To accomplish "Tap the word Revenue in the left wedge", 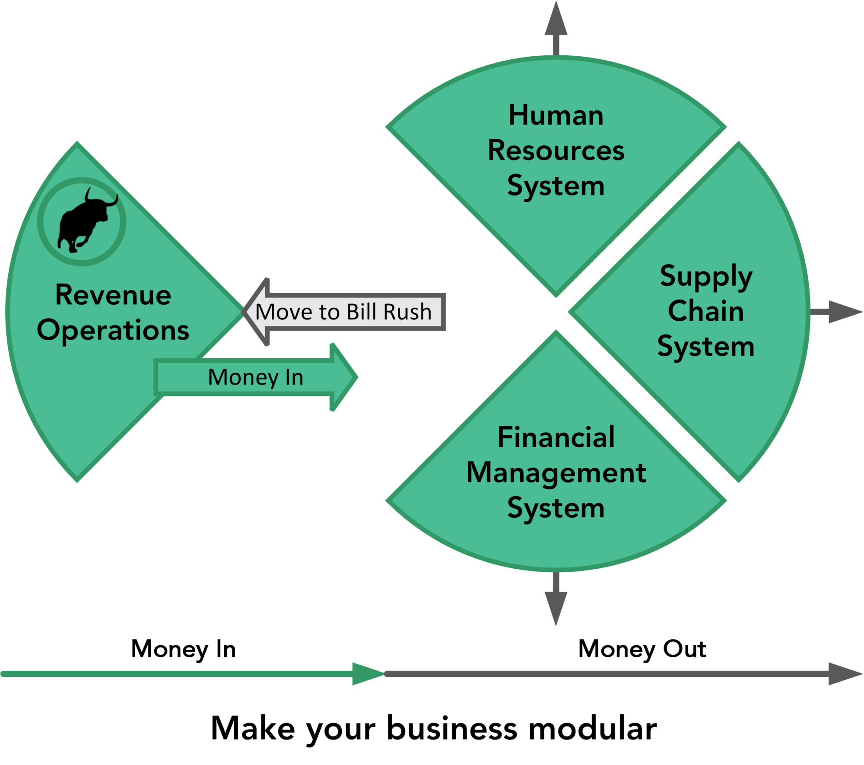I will (x=113, y=295).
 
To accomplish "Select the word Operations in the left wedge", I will (x=113, y=331).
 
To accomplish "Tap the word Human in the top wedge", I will (x=556, y=116).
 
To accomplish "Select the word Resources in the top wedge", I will (x=556, y=151).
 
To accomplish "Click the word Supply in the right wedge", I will (x=706, y=277).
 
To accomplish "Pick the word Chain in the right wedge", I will (x=706, y=311).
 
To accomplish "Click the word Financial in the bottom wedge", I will (x=556, y=437).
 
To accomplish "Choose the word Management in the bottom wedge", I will (x=556, y=472).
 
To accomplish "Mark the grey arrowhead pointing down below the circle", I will (x=556, y=607).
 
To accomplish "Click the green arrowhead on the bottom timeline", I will (x=367, y=673).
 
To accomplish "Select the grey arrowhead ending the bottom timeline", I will (x=845, y=673).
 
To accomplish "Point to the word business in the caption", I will (x=452, y=728).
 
